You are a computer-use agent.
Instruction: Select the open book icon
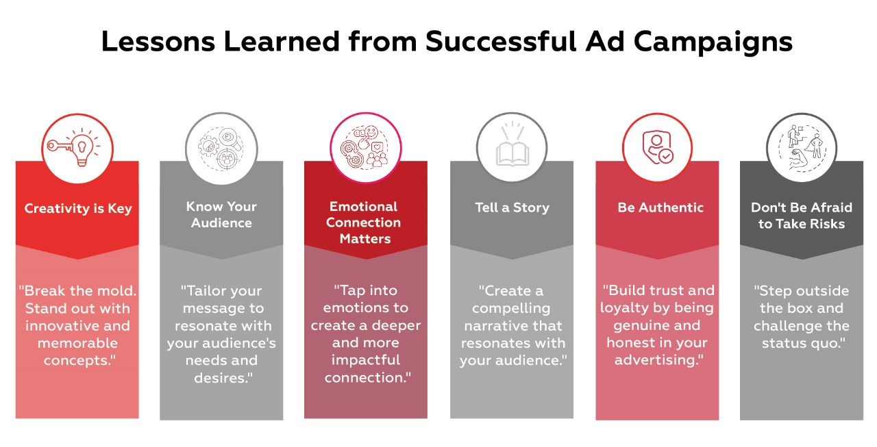pyautogui.click(x=512, y=149)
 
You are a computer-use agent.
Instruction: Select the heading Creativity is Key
pyautogui.click(x=77, y=208)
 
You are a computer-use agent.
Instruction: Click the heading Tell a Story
pyautogui.click(x=512, y=207)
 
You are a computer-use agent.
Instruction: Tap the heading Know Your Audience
pyautogui.click(x=221, y=214)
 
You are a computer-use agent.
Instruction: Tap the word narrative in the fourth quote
pyautogui.click(x=511, y=326)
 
